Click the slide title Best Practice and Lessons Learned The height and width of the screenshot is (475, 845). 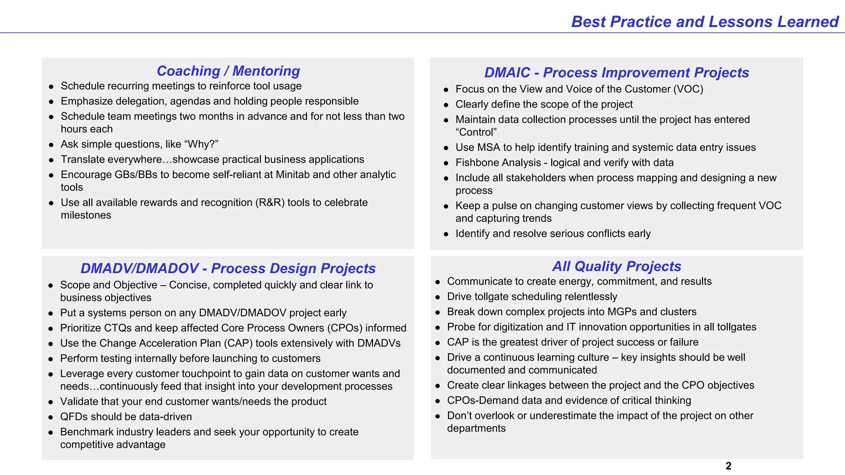(705, 22)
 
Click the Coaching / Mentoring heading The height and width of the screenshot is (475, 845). (228, 71)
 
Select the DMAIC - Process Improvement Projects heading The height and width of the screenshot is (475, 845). (616, 73)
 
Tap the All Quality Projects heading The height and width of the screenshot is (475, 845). (616, 266)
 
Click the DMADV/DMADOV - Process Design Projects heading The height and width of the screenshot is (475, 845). (228, 268)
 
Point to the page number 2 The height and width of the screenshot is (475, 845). (728, 466)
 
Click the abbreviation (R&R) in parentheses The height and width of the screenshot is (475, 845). (270, 203)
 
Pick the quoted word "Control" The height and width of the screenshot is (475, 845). (476, 132)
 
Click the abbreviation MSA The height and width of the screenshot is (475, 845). (489, 148)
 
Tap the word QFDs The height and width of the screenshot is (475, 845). (74, 417)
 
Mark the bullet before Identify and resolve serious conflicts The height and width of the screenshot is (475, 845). (446, 234)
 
